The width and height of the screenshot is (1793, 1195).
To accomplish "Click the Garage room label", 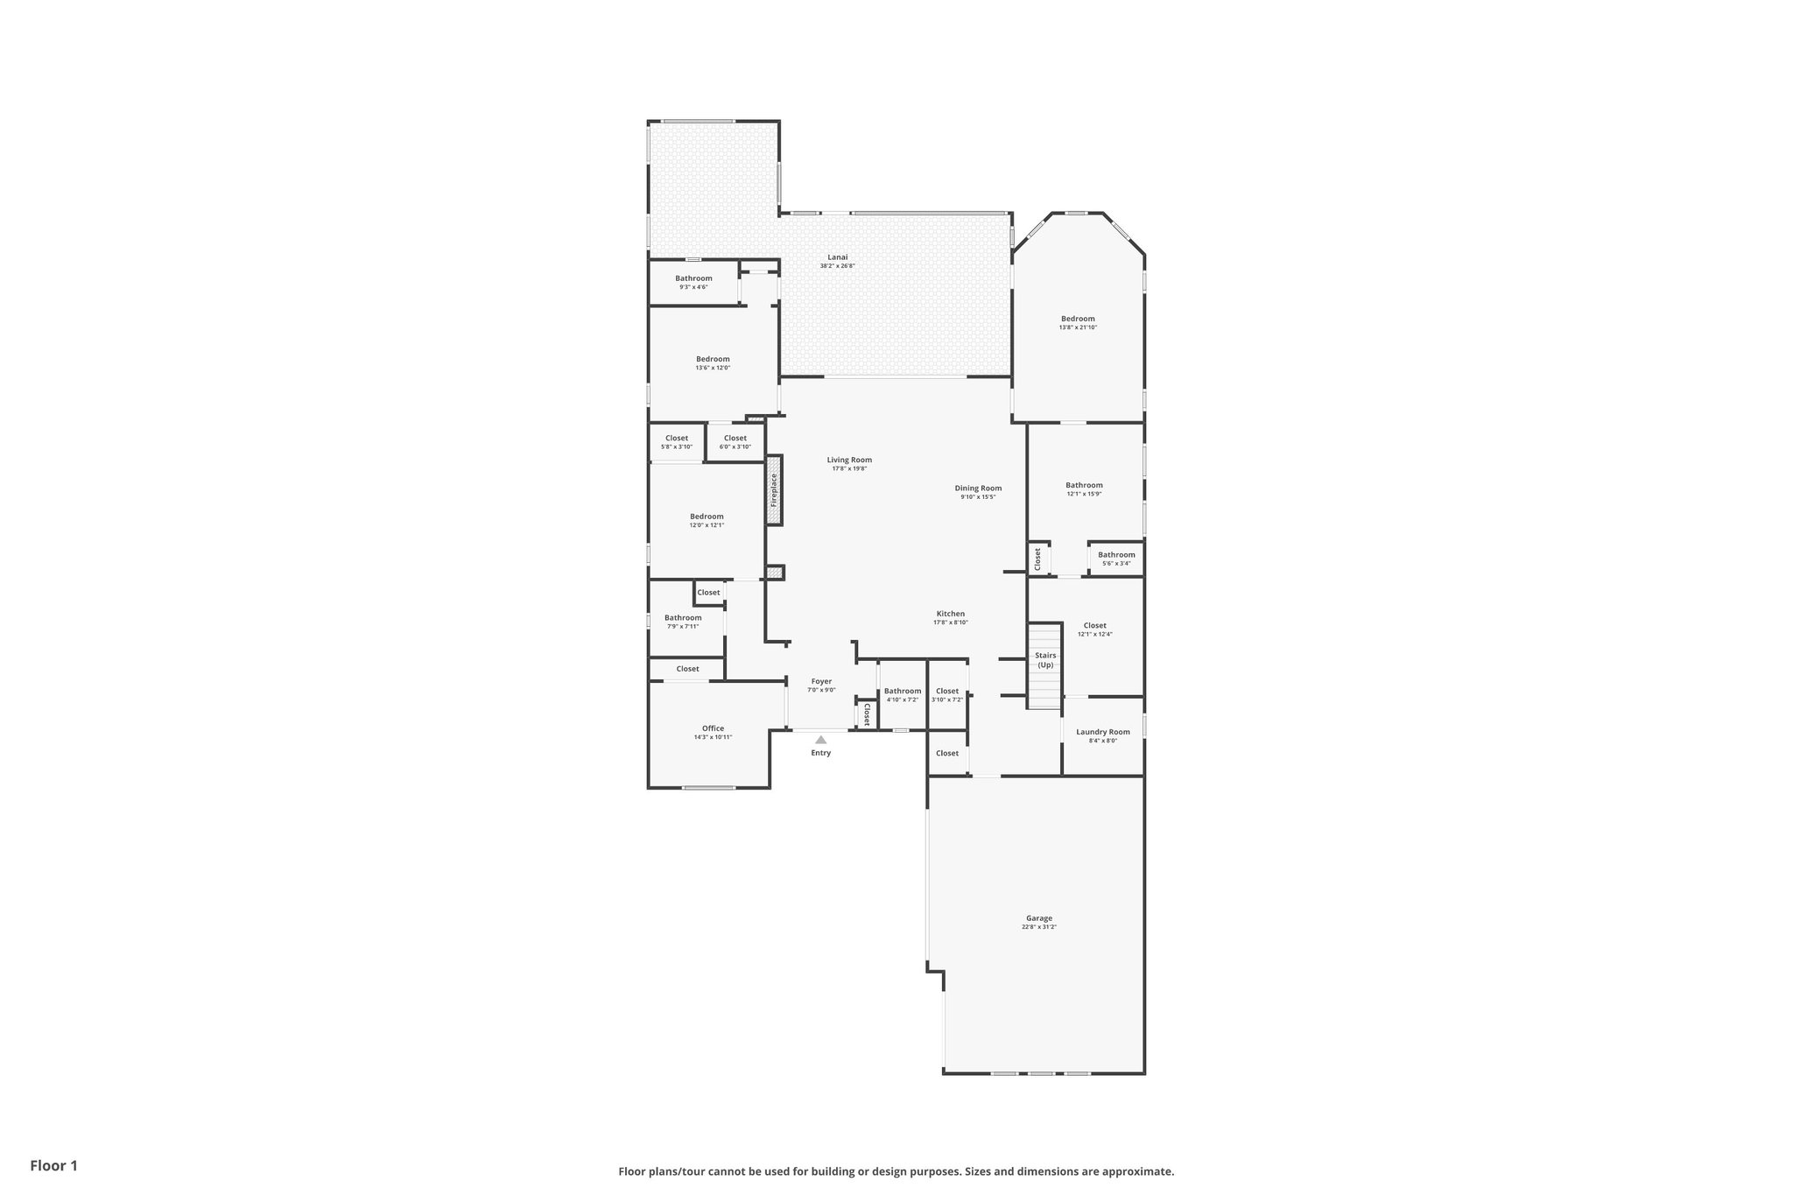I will point(1039,918).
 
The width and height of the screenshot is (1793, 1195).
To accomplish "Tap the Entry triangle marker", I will point(820,740).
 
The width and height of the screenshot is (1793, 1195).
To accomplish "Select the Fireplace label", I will point(774,490).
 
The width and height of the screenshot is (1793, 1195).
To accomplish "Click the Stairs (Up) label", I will point(1045,660).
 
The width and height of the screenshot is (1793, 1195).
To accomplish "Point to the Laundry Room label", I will point(1102,732).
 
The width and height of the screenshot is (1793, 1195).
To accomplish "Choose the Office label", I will point(713,728).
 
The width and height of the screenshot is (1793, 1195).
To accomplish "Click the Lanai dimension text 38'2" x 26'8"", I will point(837,266).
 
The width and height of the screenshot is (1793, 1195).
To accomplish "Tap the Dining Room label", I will point(978,489).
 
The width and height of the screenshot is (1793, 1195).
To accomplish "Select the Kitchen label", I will point(950,614).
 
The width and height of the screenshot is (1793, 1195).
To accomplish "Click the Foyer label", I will point(821,681).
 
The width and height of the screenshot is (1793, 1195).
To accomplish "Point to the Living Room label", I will point(849,460).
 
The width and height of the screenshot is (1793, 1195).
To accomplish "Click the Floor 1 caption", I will point(54,1166).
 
